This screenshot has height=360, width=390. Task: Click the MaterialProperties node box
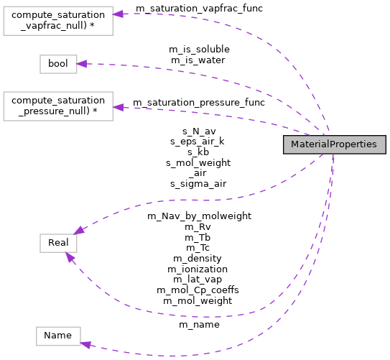point(335,144)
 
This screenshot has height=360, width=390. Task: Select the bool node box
point(57,64)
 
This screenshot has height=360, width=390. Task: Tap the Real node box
point(58,243)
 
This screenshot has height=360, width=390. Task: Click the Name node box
point(58,336)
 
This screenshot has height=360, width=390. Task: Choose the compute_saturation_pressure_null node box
point(58,106)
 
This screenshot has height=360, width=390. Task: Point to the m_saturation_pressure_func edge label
point(199,102)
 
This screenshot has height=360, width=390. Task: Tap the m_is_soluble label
point(199,49)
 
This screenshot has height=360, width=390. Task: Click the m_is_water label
point(199,60)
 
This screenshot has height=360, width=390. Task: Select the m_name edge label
point(199,324)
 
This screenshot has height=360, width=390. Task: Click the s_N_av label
point(198,131)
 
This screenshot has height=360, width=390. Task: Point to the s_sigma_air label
point(198,183)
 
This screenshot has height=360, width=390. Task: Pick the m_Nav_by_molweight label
point(199,215)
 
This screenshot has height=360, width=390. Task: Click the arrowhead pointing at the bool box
point(82,64)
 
